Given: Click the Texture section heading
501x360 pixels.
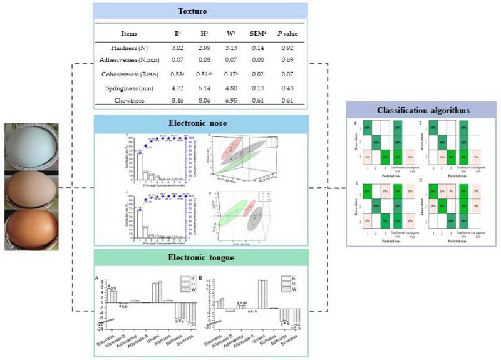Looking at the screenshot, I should coord(200,11).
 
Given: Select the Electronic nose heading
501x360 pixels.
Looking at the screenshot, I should coord(200,124).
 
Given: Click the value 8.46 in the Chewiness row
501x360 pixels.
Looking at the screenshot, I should coord(176,99).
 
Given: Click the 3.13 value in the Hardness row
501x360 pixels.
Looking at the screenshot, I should coord(232,46).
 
